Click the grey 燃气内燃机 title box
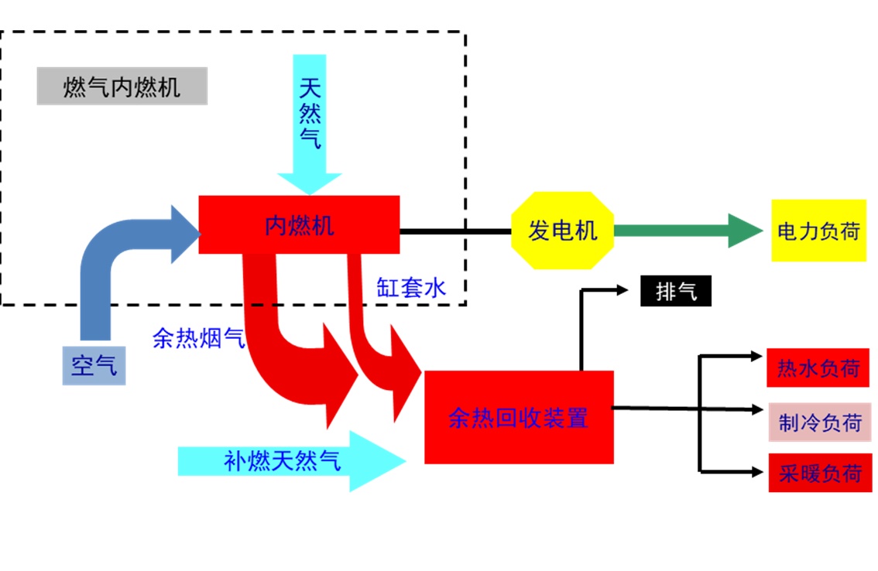coord(122,86)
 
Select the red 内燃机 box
coord(299,224)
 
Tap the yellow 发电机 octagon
coord(563,230)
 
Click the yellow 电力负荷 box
coord(818,230)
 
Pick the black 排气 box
coord(676,291)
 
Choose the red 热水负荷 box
coord(818,368)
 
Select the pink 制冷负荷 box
coord(820,422)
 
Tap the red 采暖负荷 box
coord(821,473)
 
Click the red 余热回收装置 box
coord(519,417)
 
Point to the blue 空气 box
coord(94,365)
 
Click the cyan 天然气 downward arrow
coord(310,125)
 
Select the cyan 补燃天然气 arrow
coord(292,461)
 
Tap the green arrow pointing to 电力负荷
coord(688,230)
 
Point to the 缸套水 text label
coord(411,288)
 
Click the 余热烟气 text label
coord(199,338)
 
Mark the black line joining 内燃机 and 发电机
coord(455,231)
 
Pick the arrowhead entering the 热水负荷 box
coord(756,355)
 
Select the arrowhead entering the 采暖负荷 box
coord(757,472)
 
